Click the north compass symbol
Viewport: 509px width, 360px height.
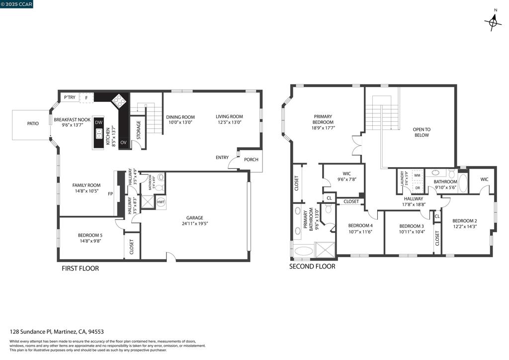click(x=493, y=22)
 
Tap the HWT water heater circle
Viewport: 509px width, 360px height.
click(x=161, y=202)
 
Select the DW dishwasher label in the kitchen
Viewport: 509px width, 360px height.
click(x=98, y=122)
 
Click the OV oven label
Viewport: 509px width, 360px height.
click(x=123, y=143)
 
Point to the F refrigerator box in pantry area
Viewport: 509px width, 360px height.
click(x=86, y=97)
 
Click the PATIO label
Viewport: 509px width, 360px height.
click(x=33, y=123)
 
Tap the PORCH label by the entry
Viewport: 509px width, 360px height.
click(x=251, y=160)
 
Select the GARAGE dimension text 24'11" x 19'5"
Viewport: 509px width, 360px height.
click(x=194, y=224)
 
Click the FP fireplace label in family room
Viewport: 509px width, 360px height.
click(x=110, y=193)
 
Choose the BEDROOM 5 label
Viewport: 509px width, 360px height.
click(x=90, y=235)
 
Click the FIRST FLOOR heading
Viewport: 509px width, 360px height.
click(x=80, y=269)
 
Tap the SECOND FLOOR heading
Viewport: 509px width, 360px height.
click(x=312, y=267)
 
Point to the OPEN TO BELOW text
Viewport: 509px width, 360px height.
click(x=422, y=132)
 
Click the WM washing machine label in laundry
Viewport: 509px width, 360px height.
click(x=417, y=176)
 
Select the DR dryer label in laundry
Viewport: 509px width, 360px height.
click(x=417, y=188)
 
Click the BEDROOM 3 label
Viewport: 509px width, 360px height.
click(x=411, y=226)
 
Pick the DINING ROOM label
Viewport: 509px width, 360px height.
click(x=180, y=117)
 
